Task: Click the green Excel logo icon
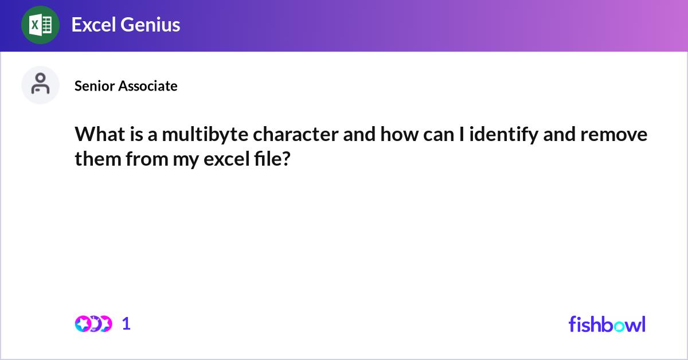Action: (x=40, y=25)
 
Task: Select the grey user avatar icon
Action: (x=40, y=85)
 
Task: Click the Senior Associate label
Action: (x=126, y=86)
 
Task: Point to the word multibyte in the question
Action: (x=205, y=135)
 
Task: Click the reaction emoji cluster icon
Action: (x=93, y=324)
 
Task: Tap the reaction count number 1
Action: (x=127, y=324)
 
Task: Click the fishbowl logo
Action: (x=607, y=324)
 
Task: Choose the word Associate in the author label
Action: (x=147, y=86)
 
